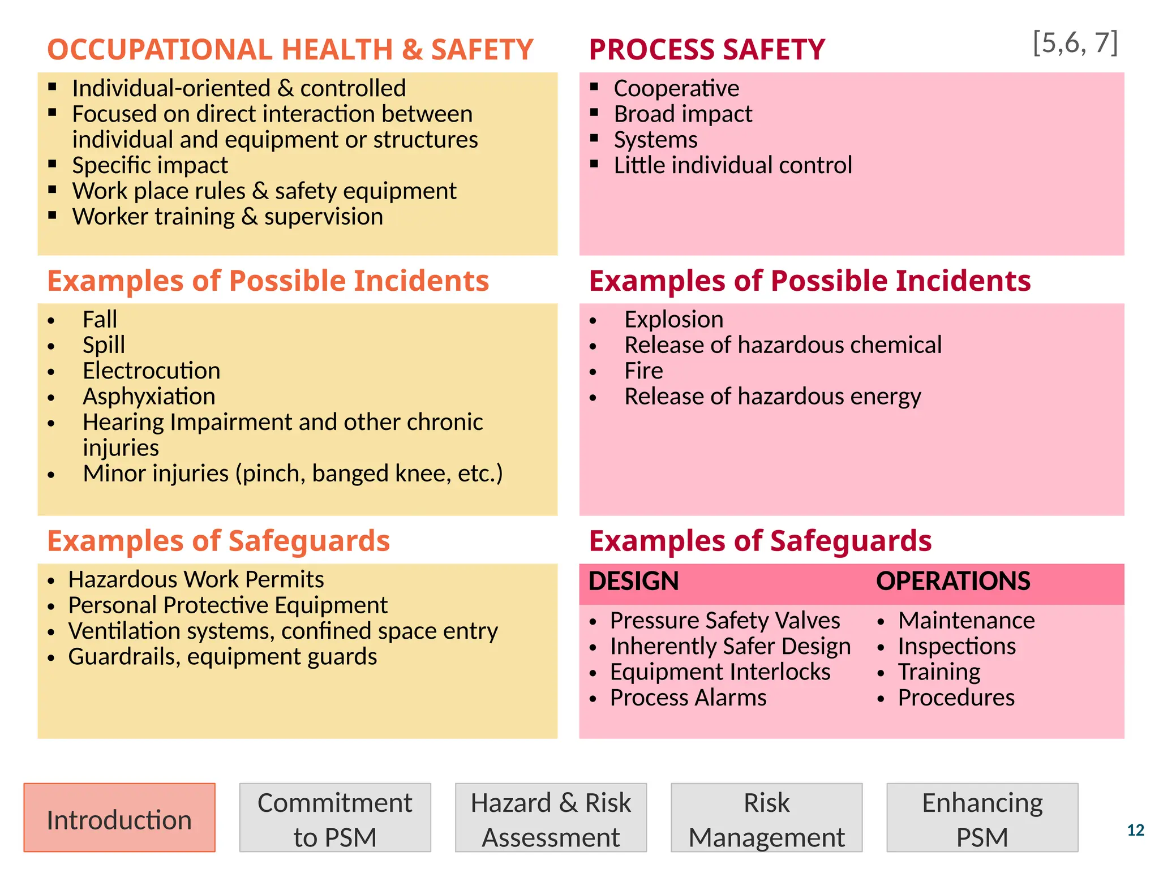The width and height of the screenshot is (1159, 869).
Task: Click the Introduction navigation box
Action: (119, 818)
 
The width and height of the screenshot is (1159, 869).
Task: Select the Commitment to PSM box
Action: (335, 818)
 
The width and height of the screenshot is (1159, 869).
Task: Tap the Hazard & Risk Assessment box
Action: (551, 818)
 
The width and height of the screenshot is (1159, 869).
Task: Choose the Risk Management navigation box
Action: (766, 818)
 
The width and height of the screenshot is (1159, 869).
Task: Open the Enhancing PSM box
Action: (982, 818)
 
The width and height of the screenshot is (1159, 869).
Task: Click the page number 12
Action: (1135, 830)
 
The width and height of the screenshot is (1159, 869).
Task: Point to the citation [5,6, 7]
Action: (1075, 43)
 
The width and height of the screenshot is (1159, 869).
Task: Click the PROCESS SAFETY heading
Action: (707, 50)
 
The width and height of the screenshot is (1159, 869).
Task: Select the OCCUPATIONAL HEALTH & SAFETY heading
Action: (290, 50)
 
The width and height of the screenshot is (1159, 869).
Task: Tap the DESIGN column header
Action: (633, 582)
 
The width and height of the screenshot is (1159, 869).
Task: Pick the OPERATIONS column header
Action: (953, 582)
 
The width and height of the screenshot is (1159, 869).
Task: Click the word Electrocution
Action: (151, 371)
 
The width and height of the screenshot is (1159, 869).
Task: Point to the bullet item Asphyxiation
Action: (149, 397)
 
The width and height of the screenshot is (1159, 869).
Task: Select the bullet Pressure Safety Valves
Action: (724, 621)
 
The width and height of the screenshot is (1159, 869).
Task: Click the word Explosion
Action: (673, 320)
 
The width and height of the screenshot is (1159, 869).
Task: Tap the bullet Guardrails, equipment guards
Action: (222, 657)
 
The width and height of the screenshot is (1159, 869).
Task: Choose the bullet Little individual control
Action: (733, 166)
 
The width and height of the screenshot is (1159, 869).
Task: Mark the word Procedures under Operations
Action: (956, 698)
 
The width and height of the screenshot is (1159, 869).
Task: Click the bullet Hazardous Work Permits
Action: (196, 580)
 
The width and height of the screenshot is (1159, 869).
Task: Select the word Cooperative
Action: (676, 89)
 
